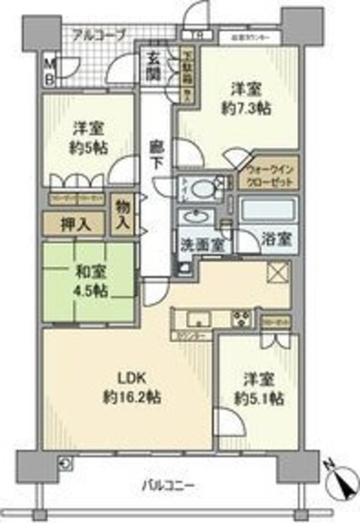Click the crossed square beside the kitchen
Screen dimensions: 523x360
tap(277, 271)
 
